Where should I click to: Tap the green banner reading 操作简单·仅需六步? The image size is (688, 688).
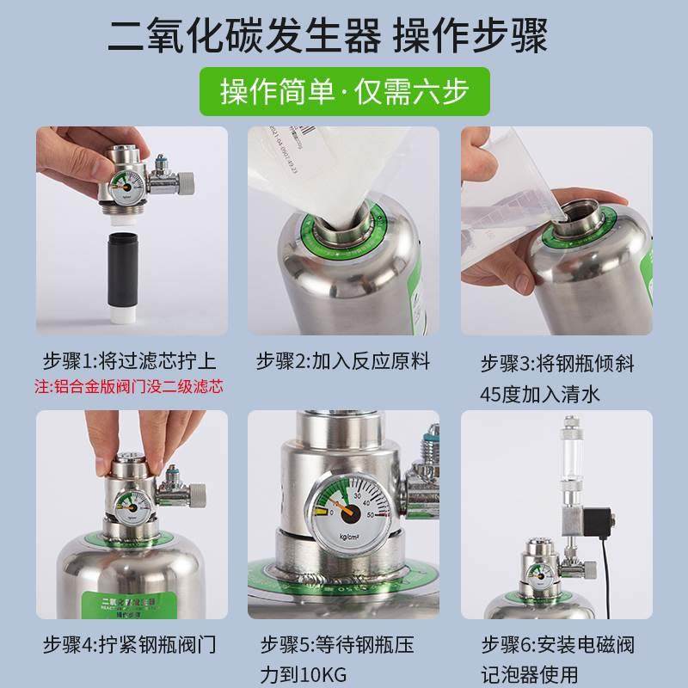click(x=344, y=91)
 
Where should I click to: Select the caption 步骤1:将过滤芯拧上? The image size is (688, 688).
click(x=129, y=360)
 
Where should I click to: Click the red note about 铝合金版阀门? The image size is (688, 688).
click(x=128, y=386)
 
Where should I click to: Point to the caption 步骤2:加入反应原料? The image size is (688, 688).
click(x=342, y=360)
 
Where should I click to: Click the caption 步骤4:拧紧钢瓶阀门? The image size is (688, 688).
click(x=129, y=643)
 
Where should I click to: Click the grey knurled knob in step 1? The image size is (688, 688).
click(x=187, y=182)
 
